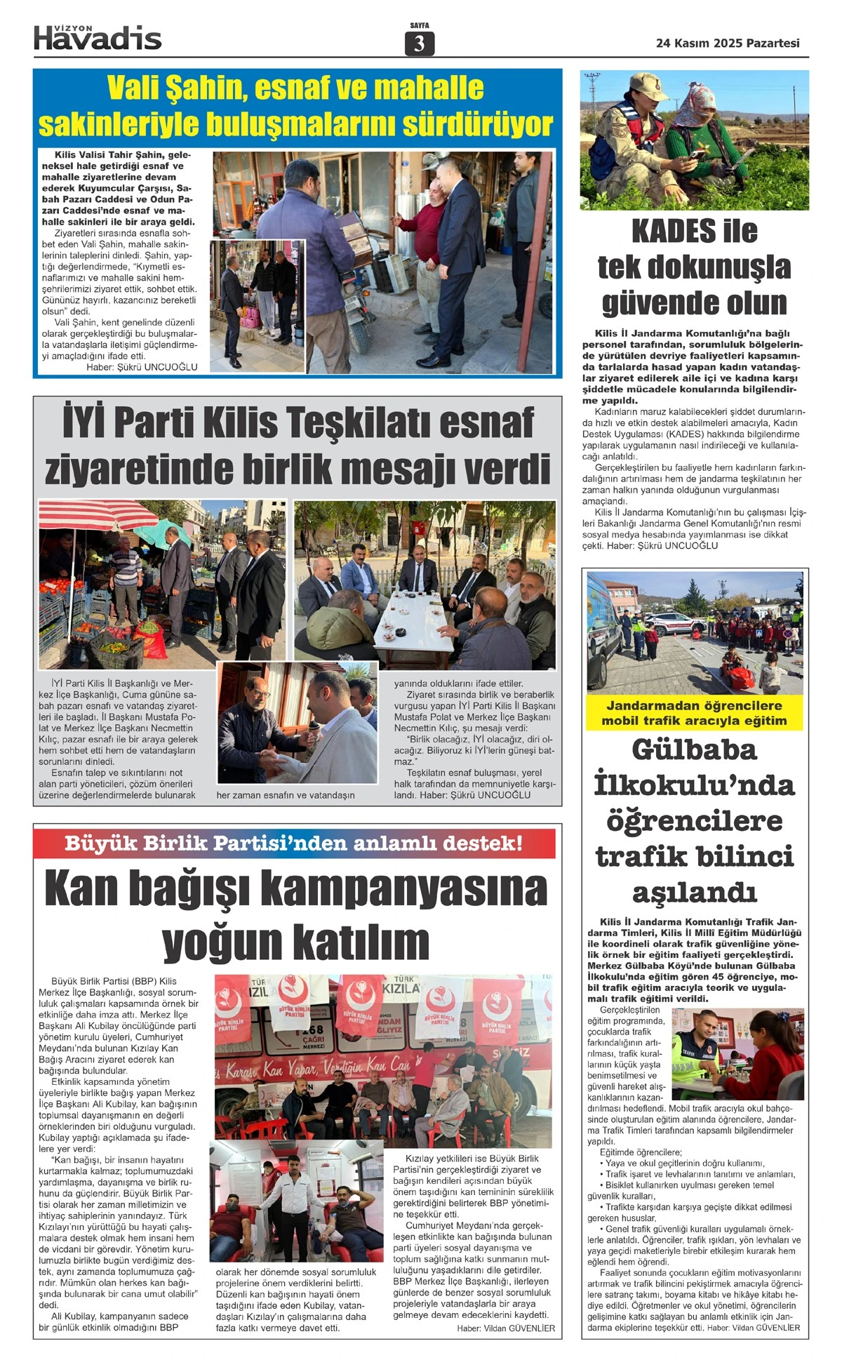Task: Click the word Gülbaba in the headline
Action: coord(694,749)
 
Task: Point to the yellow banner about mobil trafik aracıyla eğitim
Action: coord(694,713)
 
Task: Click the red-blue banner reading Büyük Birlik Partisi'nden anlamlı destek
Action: coord(294,843)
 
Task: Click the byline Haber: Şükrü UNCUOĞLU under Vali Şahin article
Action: coord(142,367)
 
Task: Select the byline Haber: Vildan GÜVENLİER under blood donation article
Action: coord(505,1328)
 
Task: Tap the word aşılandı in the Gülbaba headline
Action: coord(694,893)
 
